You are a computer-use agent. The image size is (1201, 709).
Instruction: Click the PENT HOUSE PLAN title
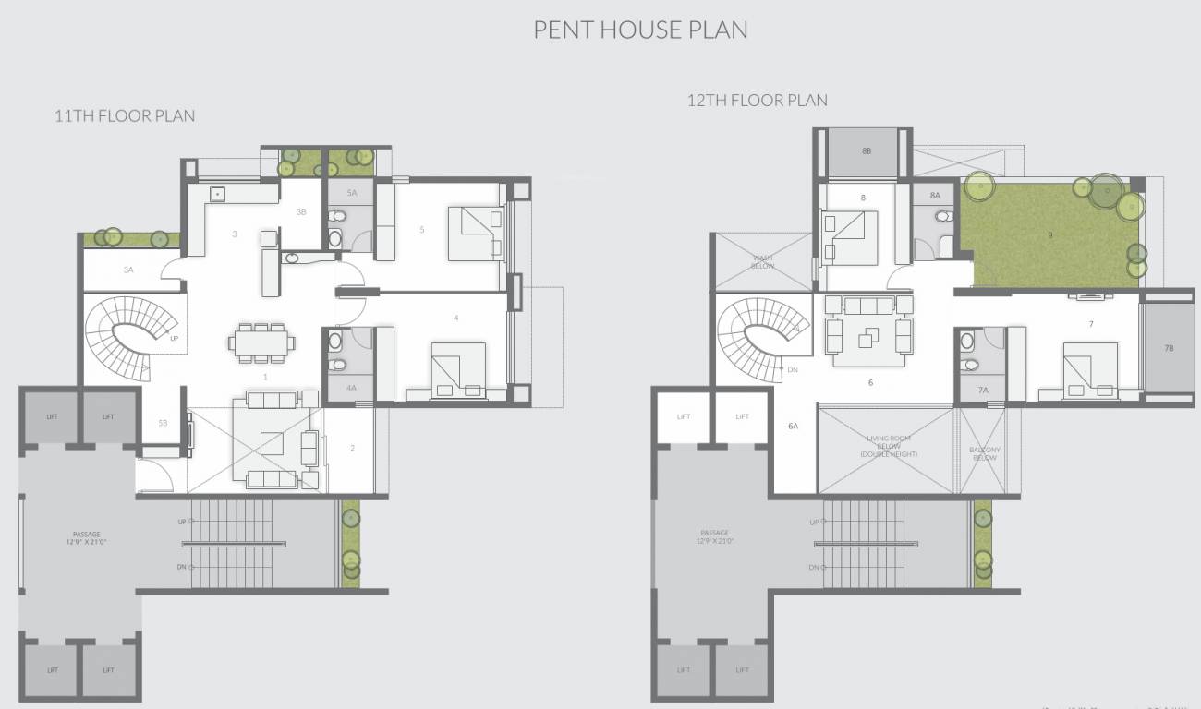point(640,30)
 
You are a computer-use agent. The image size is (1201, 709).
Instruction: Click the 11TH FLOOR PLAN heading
point(125,116)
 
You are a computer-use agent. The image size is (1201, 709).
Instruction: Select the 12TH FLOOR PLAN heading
point(757,100)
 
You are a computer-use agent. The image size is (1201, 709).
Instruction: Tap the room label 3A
point(128,270)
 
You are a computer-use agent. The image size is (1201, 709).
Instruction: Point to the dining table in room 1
point(262,342)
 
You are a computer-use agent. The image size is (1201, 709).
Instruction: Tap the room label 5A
point(352,193)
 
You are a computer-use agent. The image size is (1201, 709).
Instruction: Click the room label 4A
point(351,389)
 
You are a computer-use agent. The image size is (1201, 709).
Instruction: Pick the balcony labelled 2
point(352,449)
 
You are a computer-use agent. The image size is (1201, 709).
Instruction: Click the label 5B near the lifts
point(163,423)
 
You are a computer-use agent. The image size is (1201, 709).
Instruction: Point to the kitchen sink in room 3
point(218,194)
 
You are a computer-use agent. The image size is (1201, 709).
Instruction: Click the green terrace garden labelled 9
point(1049,235)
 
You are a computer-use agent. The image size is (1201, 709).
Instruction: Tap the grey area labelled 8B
point(866,150)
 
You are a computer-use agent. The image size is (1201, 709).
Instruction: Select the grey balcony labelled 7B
point(1168,348)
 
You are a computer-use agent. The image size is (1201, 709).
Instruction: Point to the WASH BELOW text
point(762,261)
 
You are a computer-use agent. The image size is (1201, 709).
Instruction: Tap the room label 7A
point(983,391)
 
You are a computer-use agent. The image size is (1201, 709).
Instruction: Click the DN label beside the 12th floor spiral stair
point(792,369)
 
